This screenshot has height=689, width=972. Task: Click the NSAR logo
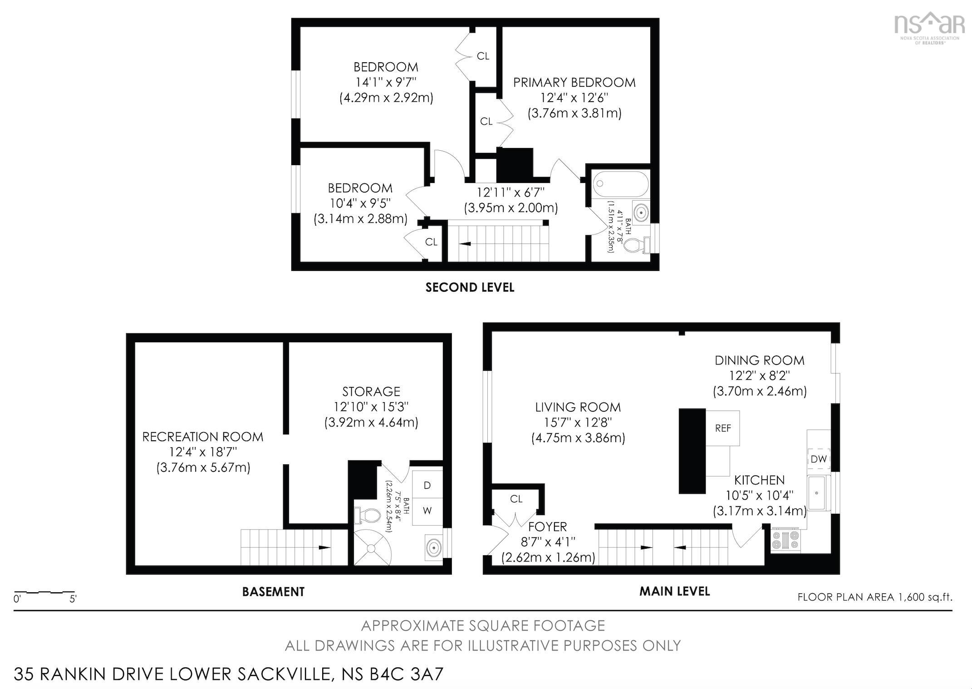click(x=929, y=27)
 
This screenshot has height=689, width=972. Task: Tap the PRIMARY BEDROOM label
click(x=574, y=83)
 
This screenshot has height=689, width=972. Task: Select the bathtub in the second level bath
click(x=620, y=184)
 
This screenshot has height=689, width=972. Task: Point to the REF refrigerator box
click(x=722, y=428)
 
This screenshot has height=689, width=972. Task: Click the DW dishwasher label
click(x=818, y=459)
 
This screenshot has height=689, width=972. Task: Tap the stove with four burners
click(x=786, y=540)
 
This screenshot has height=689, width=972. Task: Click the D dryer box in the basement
click(x=427, y=485)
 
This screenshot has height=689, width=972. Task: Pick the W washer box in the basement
click(x=427, y=511)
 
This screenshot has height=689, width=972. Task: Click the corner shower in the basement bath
click(x=371, y=548)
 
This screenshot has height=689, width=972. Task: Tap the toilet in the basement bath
click(x=368, y=515)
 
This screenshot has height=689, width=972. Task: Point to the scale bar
click(x=44, y=592)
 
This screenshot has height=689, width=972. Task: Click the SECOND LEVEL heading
click(x=470, y=287)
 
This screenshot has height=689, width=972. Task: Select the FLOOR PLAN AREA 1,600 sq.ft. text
click(x=874, y=597)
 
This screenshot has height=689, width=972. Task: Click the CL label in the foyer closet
click(x=516, y=499)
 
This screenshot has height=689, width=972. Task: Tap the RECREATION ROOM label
click(x=202, y=437)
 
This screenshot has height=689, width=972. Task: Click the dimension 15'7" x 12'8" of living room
click(x=578, y=423)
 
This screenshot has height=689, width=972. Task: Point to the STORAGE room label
click(x=371, y=391)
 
